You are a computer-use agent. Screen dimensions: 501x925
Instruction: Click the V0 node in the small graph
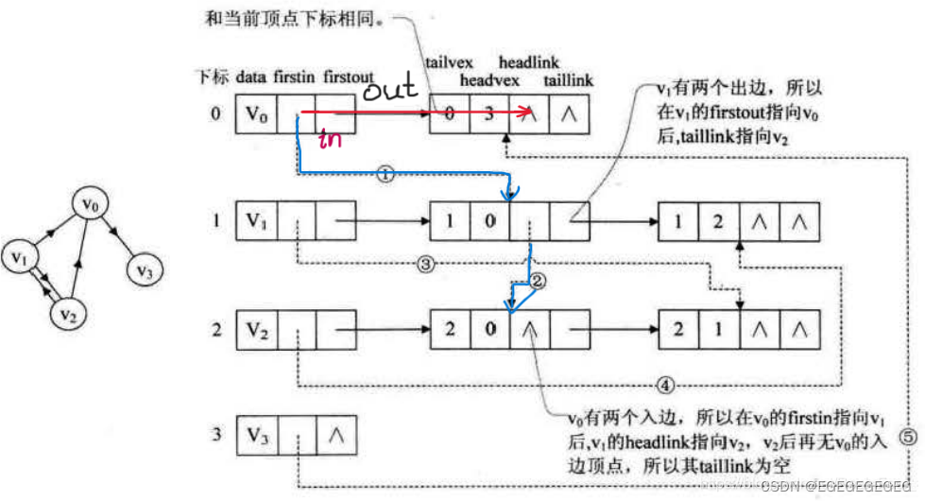point(90,203)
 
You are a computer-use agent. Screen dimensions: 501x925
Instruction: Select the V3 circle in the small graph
point(145,271)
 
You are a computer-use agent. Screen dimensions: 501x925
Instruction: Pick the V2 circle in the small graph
point(65,311)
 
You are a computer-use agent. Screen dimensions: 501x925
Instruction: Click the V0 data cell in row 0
point(256,115)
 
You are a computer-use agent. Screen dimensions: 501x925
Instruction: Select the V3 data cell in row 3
point(256,436)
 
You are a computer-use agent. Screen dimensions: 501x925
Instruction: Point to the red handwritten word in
point(330,140)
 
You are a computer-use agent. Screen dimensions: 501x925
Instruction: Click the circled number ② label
point(538,282)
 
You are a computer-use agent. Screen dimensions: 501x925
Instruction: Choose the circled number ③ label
point(425,265)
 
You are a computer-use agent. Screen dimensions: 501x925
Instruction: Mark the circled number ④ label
point(665,385)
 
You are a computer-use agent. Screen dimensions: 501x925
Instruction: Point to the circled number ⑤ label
point(906,437)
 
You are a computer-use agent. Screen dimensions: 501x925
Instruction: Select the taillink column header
point(568,81)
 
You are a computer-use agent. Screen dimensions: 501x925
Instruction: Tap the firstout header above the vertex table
point(348,75)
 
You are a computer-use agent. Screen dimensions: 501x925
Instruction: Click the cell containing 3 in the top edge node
point(488,115)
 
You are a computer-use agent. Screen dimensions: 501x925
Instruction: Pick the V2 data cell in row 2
point(256,331)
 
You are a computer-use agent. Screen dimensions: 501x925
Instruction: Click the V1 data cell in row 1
point(256,223)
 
